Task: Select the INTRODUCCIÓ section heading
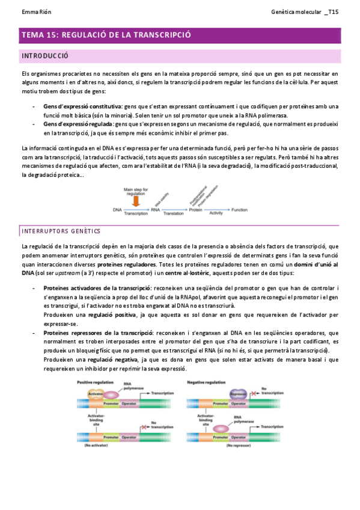44,56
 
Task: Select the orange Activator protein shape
96,394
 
